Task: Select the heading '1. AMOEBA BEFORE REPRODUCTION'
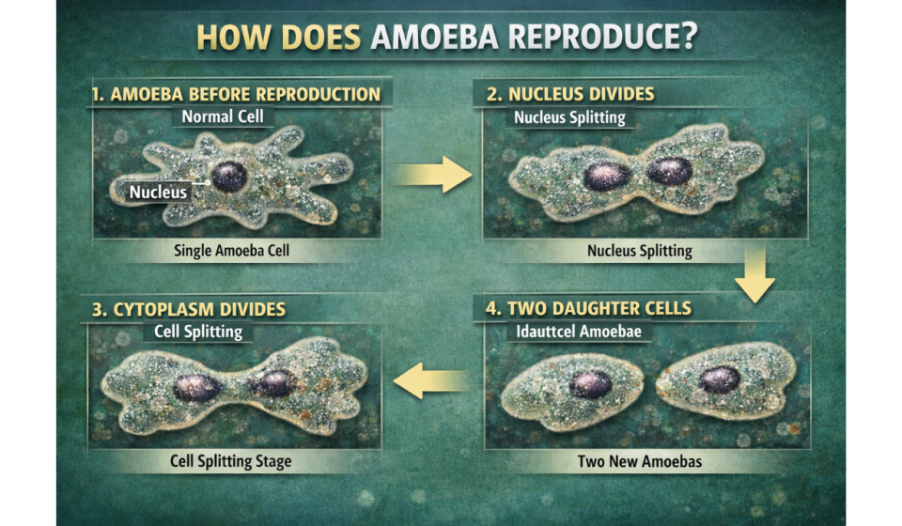pos(236,95)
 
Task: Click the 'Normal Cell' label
pos(223,117)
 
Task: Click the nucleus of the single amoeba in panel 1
pos(229,177)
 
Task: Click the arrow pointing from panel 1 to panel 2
pos(432,174)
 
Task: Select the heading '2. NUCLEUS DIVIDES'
pos(570,95)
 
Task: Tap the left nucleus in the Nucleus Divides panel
pos(606,176)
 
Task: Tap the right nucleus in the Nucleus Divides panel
pos(670,171)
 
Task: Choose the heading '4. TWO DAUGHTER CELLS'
pos(587,308)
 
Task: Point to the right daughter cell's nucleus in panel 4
pos(720,379)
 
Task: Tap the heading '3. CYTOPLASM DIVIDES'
pos(189,309)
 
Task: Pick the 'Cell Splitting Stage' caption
pos(231,461)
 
